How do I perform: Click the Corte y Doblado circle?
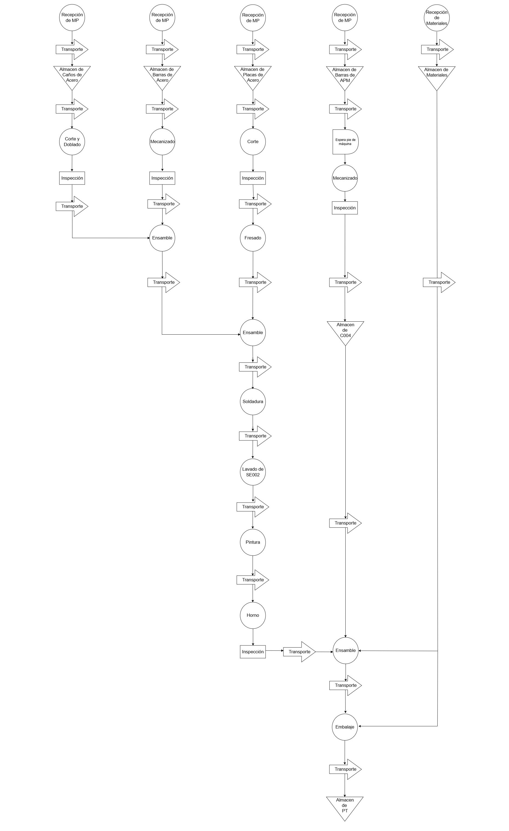click(72, 142)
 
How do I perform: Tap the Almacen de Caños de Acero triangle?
click(72, 78)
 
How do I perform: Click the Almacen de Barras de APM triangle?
click(345, 78)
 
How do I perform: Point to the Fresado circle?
click(253, 238)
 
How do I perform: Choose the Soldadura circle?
click(253, 402)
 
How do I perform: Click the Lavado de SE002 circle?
click(253, 472)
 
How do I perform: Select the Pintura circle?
click(253, 542)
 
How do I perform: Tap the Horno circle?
click(253, 615)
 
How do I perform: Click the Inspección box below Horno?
click(253, 652)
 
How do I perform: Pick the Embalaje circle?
click(345, 727)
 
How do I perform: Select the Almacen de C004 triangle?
click(346, 332)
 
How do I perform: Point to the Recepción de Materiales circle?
click(437, 18)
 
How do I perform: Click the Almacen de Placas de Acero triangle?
click(253, 78)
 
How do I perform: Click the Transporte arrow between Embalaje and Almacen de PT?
click(346, 769)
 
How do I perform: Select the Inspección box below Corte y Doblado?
click(72, 178)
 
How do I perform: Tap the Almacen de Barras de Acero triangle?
click(162, 78)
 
